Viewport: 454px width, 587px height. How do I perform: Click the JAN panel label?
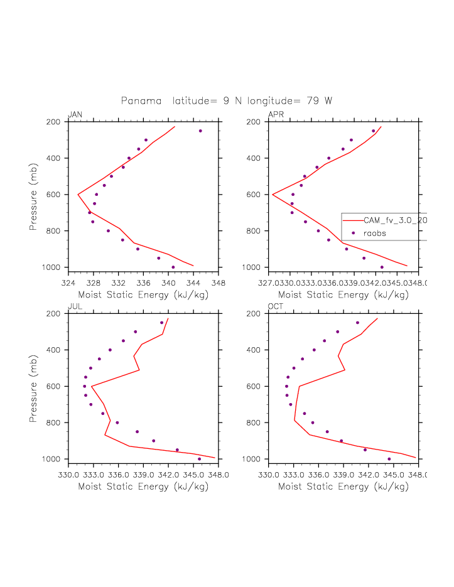[75, 114]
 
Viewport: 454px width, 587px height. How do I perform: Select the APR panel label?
[276, 114]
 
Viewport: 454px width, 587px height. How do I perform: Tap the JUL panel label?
[75, 306]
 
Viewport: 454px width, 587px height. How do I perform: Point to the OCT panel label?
[276, 306]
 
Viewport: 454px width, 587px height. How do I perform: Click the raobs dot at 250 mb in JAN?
[200, 131]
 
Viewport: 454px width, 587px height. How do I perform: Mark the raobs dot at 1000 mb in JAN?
[173, 267]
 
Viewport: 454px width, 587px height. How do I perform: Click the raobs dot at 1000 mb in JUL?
[200, 459]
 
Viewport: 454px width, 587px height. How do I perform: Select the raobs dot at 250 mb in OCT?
[357, 323]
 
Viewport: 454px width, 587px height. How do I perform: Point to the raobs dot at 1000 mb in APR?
[382, 267]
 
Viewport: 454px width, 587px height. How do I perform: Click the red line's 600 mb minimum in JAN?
[78, 195]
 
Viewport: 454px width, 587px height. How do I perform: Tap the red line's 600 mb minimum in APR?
[273, 195]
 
